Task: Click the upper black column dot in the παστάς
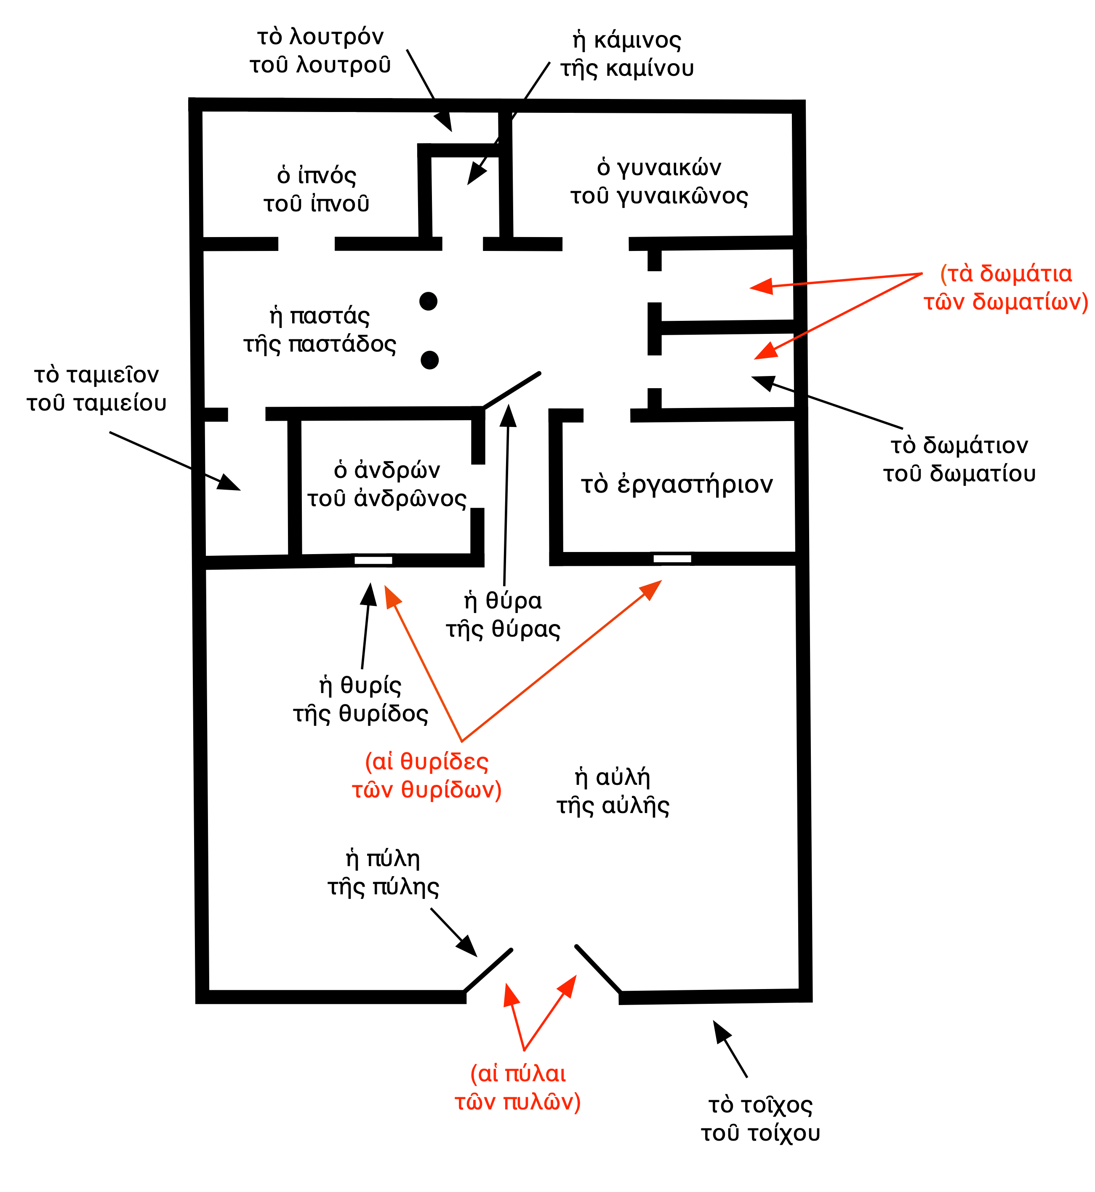tap(429, 301)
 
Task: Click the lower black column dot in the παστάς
tap(429, 360)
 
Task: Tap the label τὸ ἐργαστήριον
tap(677, 484)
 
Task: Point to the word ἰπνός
tap(327, 176)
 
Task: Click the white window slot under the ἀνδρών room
tap(373, 560)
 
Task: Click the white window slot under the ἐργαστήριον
tap(672, 558)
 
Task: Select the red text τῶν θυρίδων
tap(426, 790)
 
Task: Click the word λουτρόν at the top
tap(336, 37)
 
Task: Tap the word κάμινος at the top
tap(637, 40)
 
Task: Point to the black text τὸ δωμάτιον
tap(959, 445)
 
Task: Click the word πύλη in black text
tap(393, 859)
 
